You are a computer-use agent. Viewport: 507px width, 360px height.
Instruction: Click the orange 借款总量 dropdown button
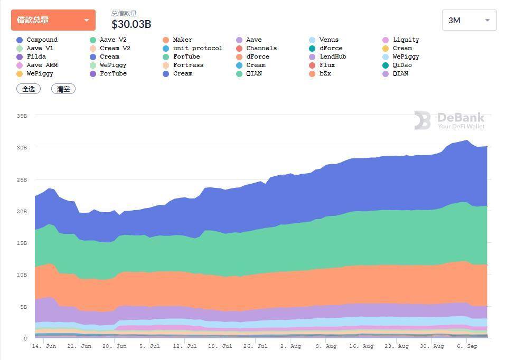(x=53, y=20)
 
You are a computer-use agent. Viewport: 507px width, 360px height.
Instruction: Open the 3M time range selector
(x=469, y=20)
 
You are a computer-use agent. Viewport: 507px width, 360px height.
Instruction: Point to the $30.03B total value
(x=132, y=24)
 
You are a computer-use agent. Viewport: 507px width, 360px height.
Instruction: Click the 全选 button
(x=29, y=89)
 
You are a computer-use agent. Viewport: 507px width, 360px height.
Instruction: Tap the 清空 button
(x=63, y=89)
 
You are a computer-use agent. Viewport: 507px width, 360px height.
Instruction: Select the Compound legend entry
(x=42, y=40)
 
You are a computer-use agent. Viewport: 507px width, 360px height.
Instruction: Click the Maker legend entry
(x=182, y=40)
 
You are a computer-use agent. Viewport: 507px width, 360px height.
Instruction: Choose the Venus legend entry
(x=328, y=40)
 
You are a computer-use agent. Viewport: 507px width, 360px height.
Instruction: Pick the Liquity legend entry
(x=406, y=40)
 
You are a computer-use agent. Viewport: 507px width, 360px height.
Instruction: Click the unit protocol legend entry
(x=198, y=48)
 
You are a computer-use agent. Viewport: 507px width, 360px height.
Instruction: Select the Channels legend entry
(x=261, y=48)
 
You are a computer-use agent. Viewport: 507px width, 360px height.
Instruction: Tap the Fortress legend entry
(x=188, y=65)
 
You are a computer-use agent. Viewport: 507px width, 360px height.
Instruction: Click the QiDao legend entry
(x=402, y=65)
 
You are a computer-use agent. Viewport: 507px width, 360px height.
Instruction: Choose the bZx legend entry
(x=325, y=73)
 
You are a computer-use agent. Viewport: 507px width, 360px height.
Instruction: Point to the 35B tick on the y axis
(x=22, y=115)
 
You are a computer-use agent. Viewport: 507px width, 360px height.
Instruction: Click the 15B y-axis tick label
(x=22, y=243)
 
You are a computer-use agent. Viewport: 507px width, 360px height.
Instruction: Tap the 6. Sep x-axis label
(x=467, y=346)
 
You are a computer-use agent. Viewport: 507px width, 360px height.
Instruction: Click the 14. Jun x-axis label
(x=44, y=346)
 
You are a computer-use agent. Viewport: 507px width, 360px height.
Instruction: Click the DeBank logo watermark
(x=449, y=120)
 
